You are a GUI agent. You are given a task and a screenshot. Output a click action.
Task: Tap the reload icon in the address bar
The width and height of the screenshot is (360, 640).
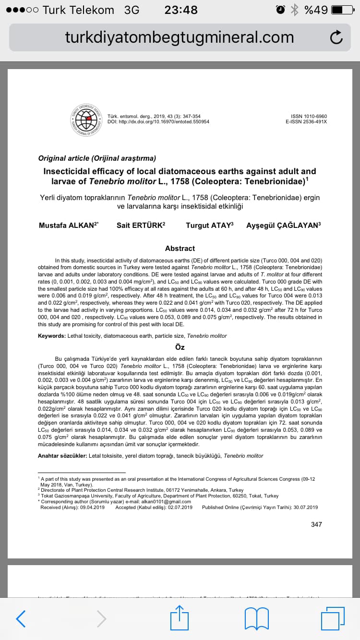click(336, 37)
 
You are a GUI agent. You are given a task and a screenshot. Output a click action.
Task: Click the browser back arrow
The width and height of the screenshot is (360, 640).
click(21, 619)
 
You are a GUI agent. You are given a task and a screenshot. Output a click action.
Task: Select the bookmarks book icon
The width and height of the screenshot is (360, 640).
click(257, 619)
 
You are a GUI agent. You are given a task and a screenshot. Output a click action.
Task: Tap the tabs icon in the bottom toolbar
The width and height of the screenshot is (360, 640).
click(333, 618)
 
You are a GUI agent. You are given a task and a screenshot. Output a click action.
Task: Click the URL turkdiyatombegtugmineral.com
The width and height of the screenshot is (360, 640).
click(179, 37)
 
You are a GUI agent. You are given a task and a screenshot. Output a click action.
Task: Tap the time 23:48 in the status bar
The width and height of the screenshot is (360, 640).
click(180, 10)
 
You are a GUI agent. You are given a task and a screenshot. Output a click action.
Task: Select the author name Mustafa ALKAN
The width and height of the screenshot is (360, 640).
click(68, 225)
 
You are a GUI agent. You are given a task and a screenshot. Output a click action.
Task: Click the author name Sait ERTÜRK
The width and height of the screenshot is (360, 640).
click(140, 225)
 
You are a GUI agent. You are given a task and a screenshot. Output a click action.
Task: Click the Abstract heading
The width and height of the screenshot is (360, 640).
click(180, 248)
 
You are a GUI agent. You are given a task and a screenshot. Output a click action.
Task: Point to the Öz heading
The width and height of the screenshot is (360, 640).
click(180, 347)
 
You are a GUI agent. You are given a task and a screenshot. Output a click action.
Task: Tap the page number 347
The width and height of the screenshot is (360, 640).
click(316, 524)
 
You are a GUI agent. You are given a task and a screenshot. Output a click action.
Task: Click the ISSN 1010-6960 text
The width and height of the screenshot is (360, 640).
click(309, 116)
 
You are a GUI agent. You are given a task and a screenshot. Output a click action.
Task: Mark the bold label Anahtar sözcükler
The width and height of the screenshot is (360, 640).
click(62, 456)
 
